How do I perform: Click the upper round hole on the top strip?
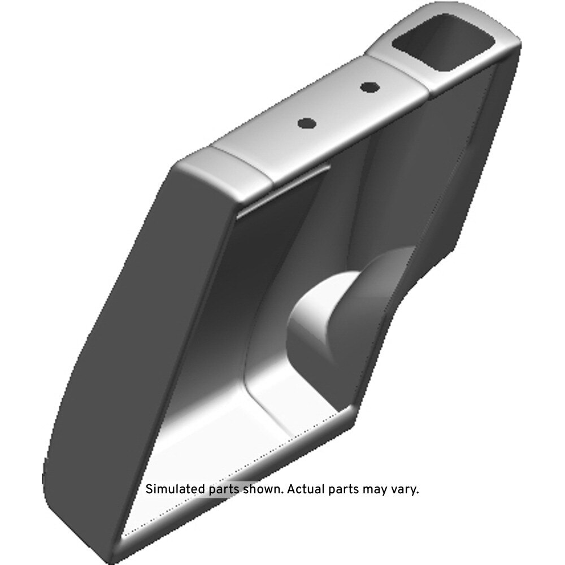click(x=370, y=87)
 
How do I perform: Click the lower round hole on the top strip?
click(x=307, y=124)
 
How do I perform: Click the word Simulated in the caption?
click(x=176, y=490)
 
